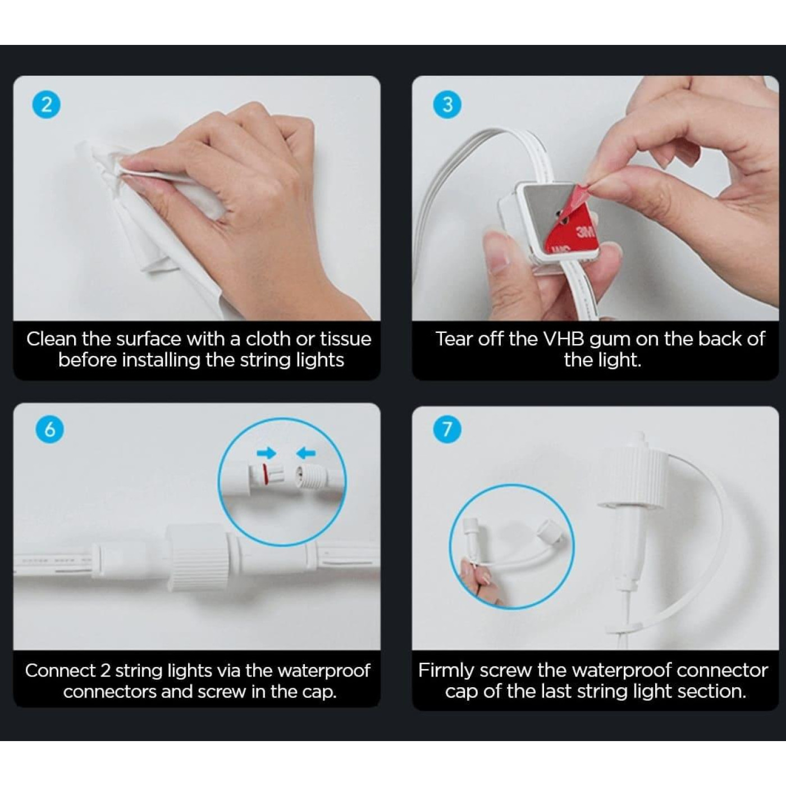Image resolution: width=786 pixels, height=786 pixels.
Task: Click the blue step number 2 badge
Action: point(47,105)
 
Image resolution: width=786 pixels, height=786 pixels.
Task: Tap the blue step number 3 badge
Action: point(447,105)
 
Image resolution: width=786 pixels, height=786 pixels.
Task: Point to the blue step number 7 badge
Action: point(447,429)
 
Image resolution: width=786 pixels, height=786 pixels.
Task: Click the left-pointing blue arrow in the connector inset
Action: point(306,453)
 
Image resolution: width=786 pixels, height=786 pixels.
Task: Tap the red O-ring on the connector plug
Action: point(266,475)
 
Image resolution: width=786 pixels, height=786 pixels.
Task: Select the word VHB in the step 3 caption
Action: point(565,339)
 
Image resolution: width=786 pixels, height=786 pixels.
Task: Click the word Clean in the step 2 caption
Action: point(52,339)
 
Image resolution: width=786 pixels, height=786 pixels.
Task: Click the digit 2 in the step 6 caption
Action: point(105,670)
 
